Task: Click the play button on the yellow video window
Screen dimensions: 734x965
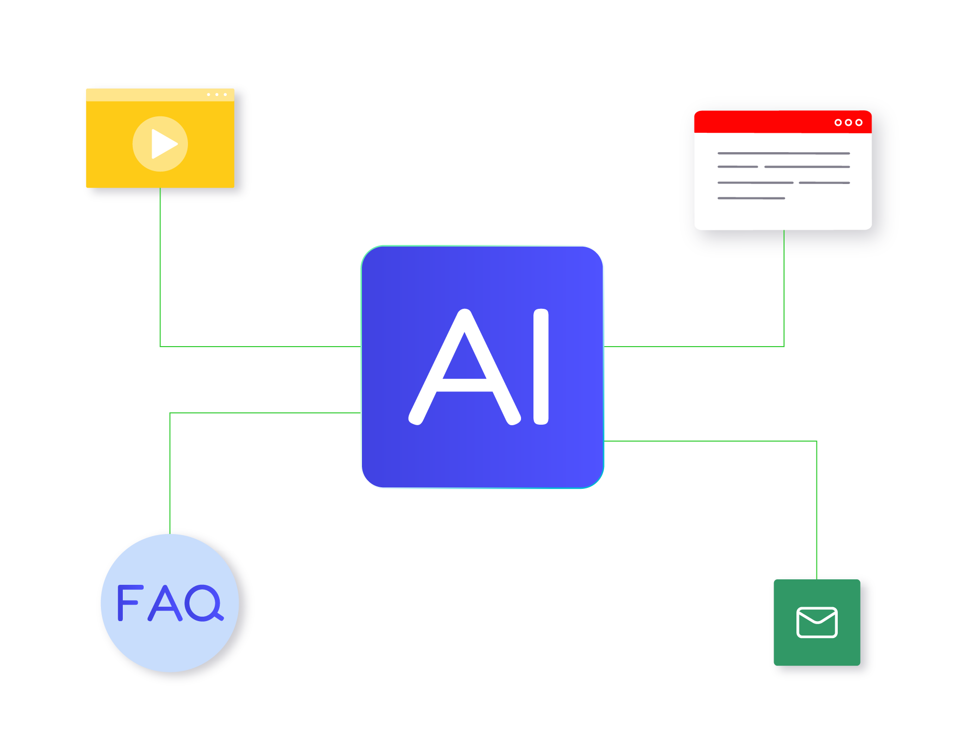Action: point(160,144)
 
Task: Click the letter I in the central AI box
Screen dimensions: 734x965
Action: point(541,367)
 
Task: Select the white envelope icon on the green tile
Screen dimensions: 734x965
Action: point(817,622)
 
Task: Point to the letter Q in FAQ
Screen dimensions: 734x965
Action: point(204,603)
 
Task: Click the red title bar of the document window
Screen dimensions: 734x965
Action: point(766,122)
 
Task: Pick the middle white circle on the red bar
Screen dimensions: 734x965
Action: point(848,122)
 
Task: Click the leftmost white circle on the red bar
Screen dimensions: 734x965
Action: point(838,122)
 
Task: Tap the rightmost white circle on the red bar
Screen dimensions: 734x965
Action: point(859,122)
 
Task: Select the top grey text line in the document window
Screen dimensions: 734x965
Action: point(784,153)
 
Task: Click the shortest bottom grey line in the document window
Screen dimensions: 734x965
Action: point(751,198)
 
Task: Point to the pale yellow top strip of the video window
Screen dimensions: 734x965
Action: point(149,94)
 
